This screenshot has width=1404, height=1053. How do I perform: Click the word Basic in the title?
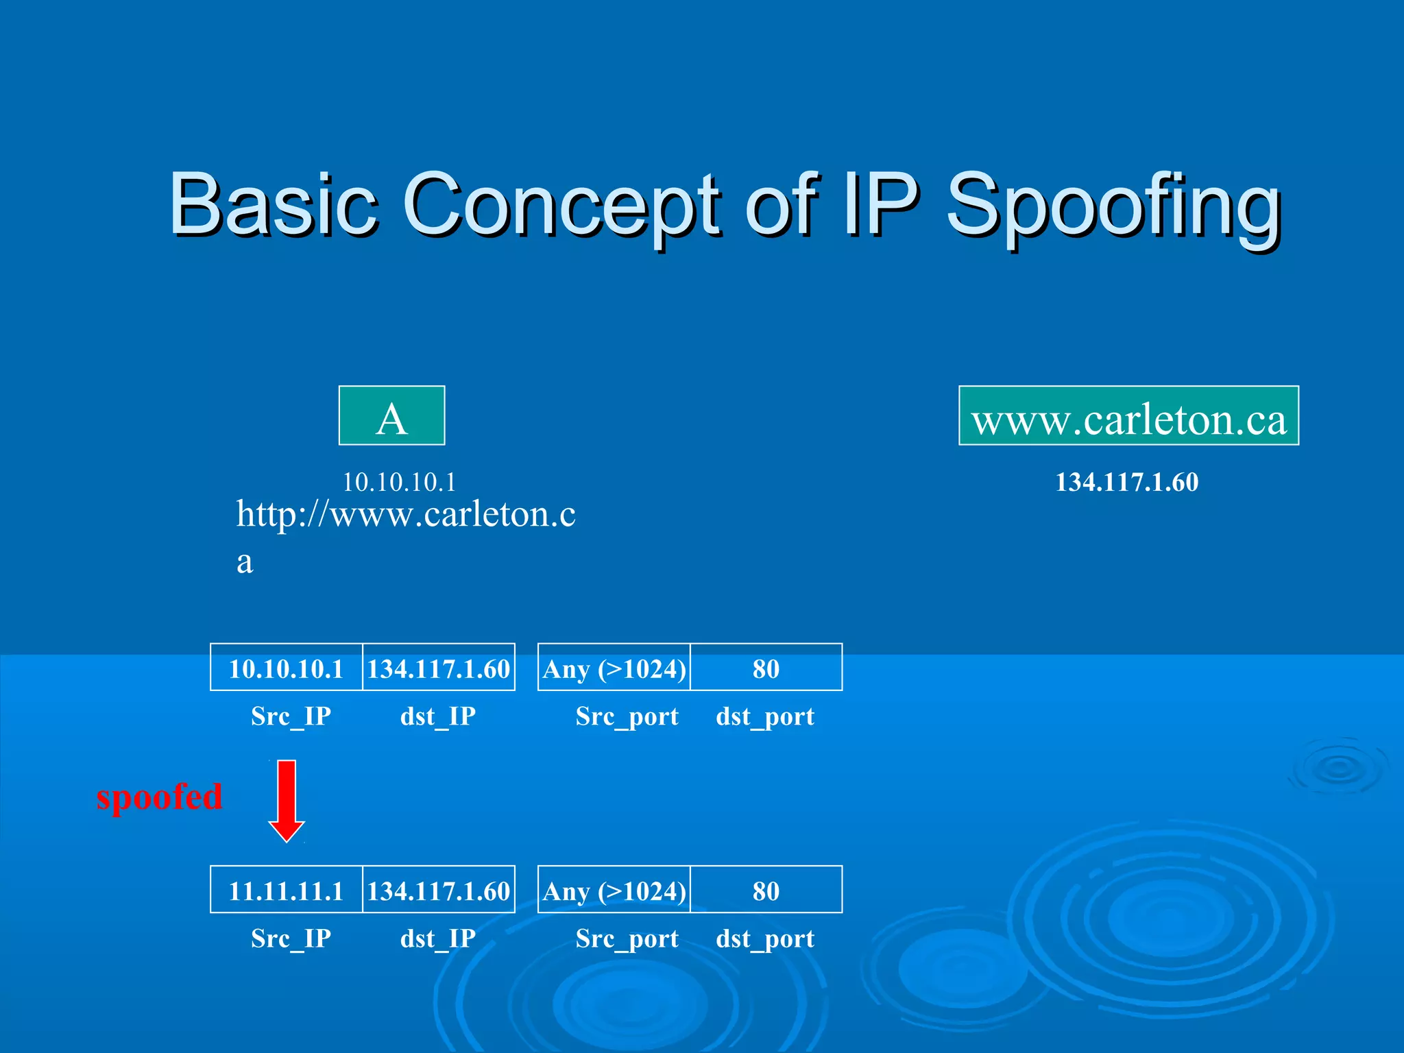coord(273,204)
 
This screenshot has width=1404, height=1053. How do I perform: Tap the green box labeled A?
coord(391,416)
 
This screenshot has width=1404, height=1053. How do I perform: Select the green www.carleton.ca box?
coord(1128,416)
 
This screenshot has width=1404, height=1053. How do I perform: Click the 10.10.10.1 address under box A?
coord(399,482)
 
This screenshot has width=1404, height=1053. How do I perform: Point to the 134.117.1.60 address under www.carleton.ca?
coord(1126,482)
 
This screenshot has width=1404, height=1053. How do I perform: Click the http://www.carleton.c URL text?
coord(406,514)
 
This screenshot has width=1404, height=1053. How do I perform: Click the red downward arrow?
coord(287,799)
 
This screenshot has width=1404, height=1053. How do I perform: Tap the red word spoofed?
coord(159,797)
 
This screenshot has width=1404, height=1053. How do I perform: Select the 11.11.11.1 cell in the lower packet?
coord(286,890)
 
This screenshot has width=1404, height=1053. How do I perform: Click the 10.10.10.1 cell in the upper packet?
coord(286,668)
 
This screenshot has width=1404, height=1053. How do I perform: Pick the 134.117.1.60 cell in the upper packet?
coord(439,668)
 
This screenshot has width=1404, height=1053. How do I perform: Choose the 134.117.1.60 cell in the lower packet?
coord(439,890)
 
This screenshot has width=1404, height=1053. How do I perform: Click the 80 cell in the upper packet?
coord(766,668)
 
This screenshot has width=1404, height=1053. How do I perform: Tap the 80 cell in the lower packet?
coord(766,890)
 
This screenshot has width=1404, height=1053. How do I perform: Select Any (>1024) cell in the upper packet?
coord(614,668)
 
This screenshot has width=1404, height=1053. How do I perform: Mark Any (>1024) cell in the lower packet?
coord(614,890)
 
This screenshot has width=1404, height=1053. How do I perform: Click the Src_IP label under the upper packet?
coord(291,716)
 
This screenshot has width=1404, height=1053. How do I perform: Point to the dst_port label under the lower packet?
coord(765,938)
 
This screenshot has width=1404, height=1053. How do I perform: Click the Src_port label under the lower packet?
coord(627,938)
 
